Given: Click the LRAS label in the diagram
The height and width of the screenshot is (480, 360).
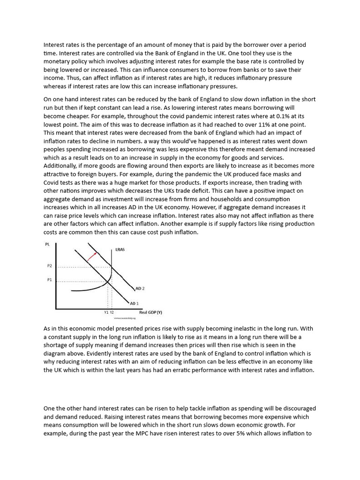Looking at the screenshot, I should point(120,250).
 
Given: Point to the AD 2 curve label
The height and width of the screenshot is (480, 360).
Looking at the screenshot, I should point(140,288).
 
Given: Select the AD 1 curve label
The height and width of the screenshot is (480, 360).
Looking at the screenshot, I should point(134,303).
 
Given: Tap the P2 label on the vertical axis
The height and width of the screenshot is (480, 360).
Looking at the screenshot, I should point(50,266).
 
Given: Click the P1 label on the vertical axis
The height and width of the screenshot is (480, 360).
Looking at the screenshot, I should point(50,280).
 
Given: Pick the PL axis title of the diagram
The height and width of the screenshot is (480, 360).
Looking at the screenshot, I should point(47,244).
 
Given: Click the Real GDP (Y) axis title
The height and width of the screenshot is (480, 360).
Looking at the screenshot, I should point(150,312).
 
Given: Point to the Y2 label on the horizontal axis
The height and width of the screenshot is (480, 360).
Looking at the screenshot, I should point(111,312).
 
